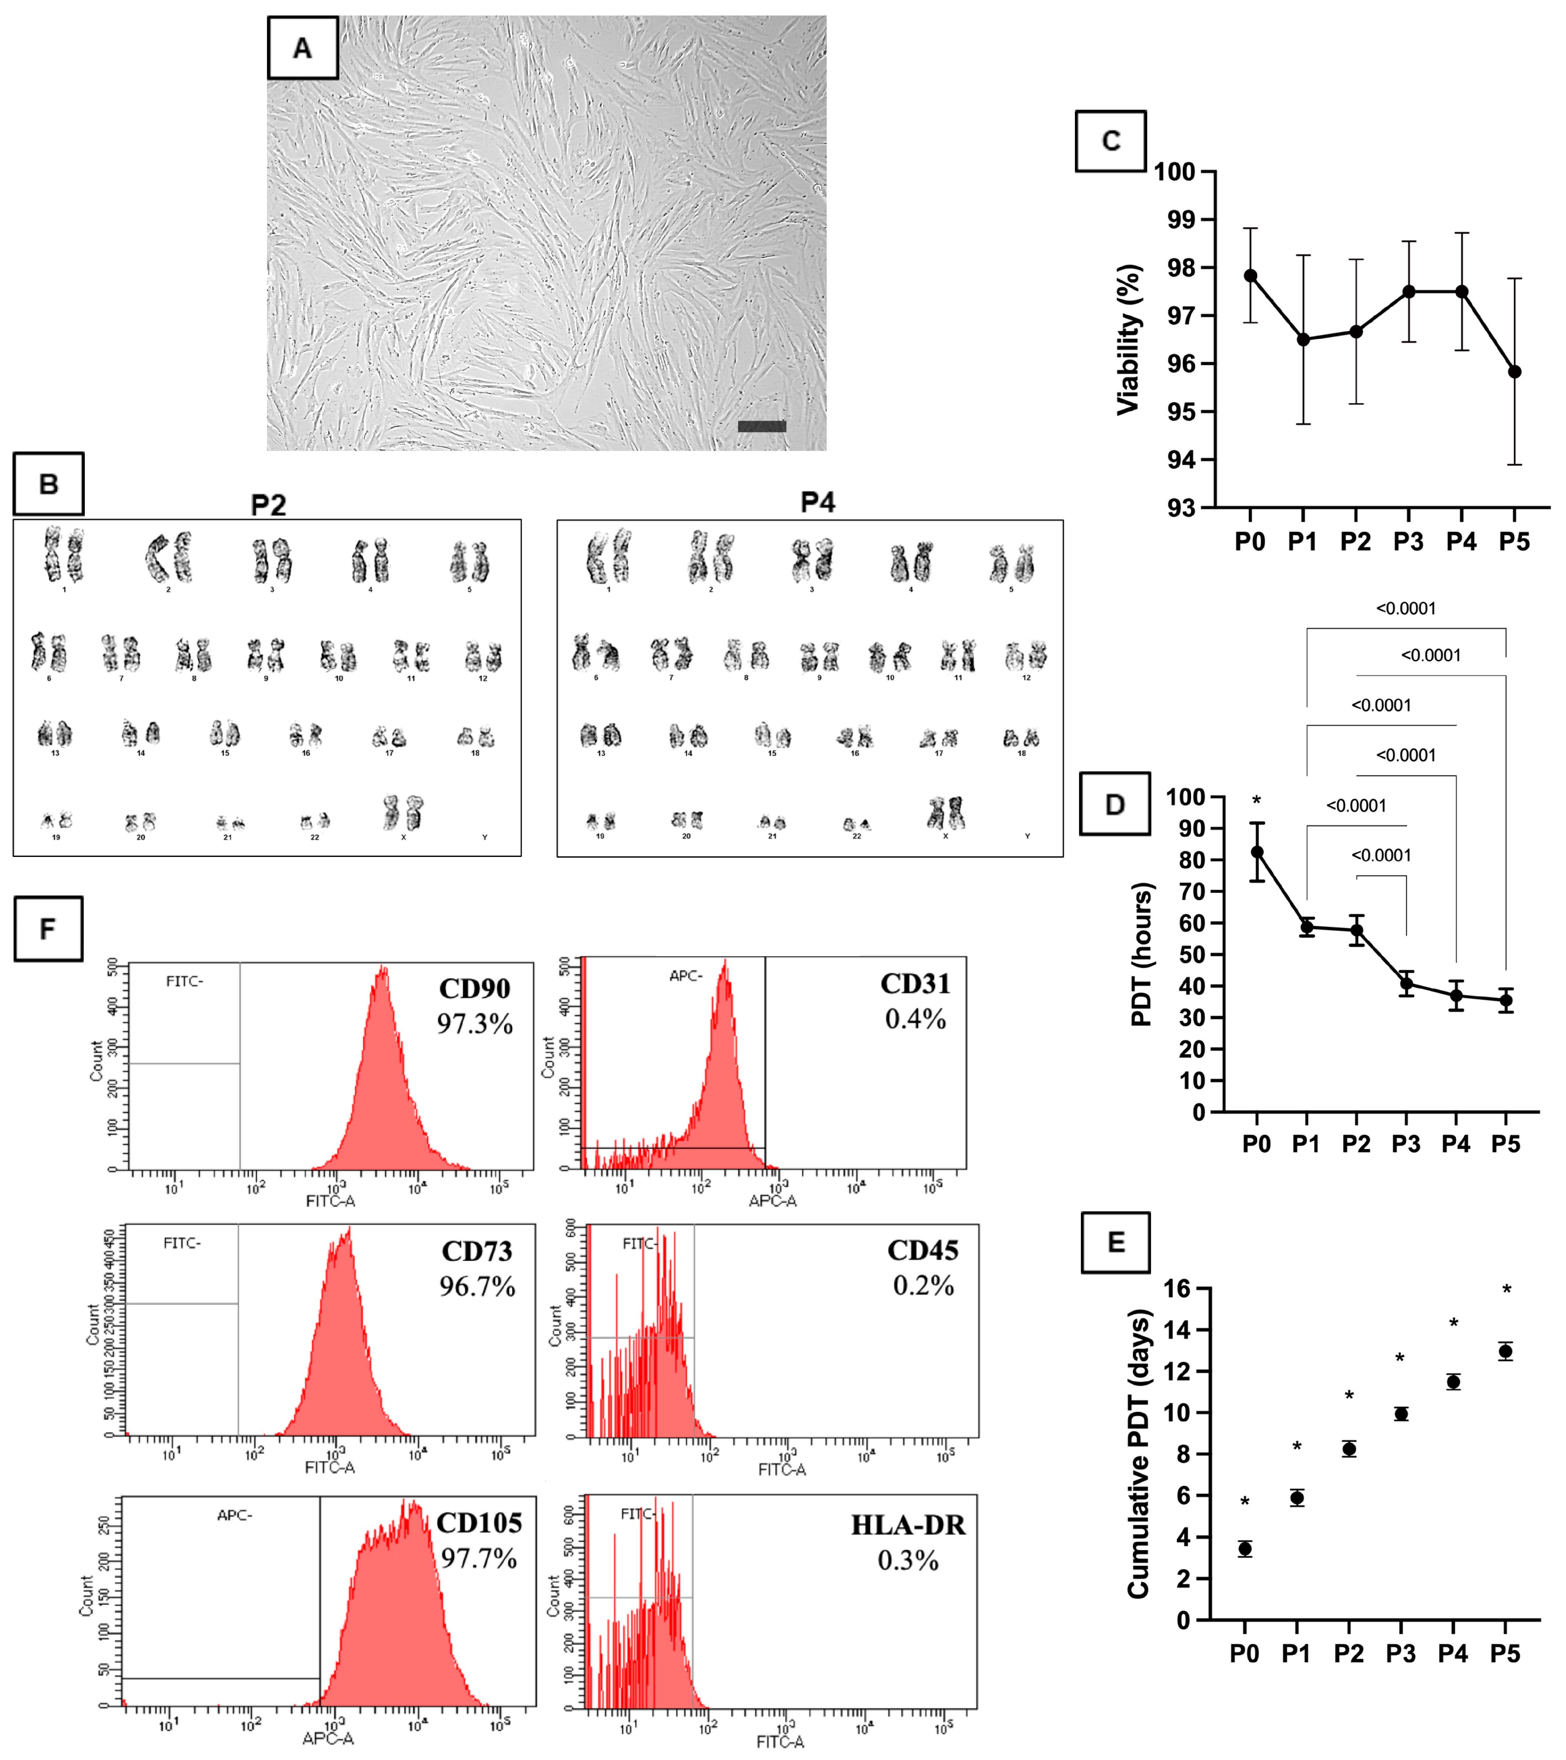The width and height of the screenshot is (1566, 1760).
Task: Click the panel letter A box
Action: coord(302,48)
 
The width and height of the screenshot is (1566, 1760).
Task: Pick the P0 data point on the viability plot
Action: coord(1250,275)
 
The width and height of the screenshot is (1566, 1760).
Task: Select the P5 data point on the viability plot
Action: coord(1514,372)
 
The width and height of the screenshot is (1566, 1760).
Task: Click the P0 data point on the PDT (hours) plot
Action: coord(1257,852)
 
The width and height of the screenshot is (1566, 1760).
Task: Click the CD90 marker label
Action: coord(474,989)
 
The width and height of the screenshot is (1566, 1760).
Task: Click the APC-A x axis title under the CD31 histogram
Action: coord(772,1200)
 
